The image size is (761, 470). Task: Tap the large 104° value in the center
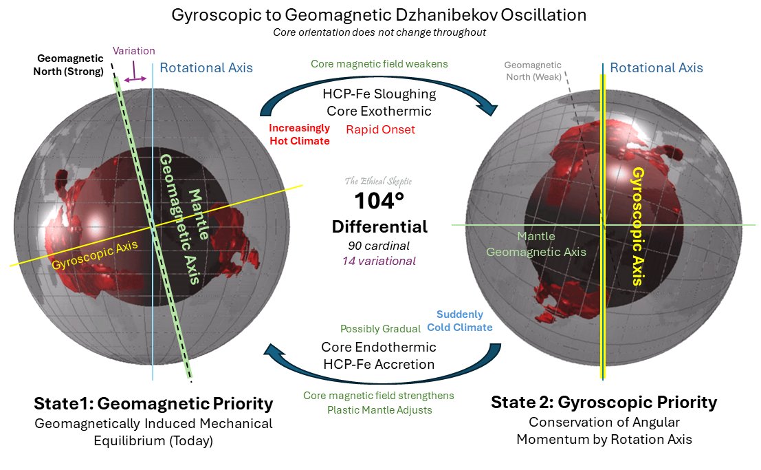[x=379, y=201]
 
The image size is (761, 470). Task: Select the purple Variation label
[x=134, y=50]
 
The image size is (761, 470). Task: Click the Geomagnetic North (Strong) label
[x=69, y=65]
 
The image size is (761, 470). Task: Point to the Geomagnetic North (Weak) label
[x=533, y=71]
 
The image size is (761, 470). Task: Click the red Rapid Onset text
[x=381, y=130]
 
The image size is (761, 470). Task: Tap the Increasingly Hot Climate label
[x=300, y=134]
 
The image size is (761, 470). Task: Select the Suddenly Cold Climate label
[x=460, y=321]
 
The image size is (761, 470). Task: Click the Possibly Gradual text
[x=381, y=329]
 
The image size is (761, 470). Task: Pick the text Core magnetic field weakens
[x=379, y=64]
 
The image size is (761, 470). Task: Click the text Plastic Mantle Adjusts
[x=379, y=409]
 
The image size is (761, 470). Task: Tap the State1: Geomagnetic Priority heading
[x=153, y=403]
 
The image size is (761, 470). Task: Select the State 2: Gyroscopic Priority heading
[x=604, y=402]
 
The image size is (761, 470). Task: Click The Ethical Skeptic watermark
[x=379, y=181]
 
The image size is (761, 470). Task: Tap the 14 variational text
[x=379, y=261]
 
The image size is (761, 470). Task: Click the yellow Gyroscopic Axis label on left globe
[x=95, y=255]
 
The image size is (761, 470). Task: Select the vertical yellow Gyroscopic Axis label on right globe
[x=638, y=226]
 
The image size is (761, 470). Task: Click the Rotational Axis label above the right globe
[x=657, y=67]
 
